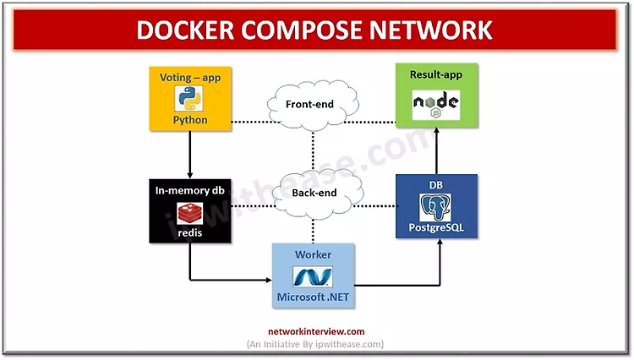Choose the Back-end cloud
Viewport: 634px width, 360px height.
click(314, 193)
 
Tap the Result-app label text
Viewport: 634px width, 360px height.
click(436, 76)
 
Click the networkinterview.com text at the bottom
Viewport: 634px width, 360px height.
click(314, 331)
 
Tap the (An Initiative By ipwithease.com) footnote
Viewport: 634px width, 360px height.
click(314, 344)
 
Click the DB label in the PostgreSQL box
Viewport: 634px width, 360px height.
click(436, 184)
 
